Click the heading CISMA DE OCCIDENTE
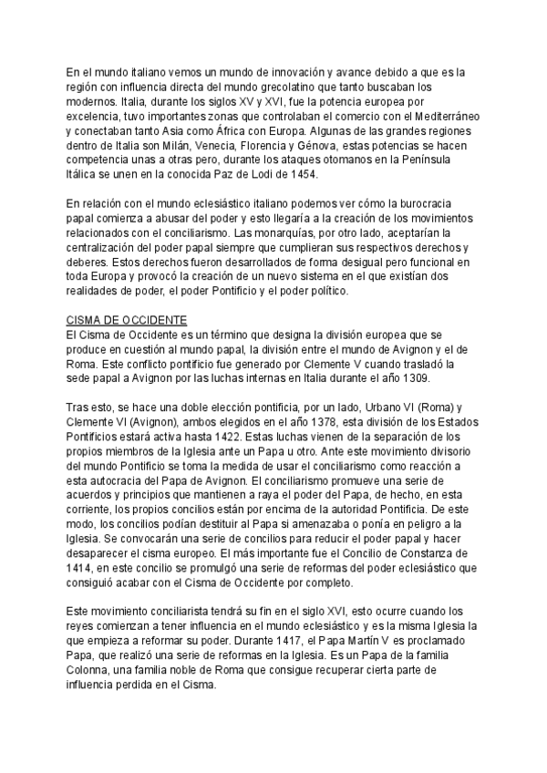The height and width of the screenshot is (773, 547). click(128, 321)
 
